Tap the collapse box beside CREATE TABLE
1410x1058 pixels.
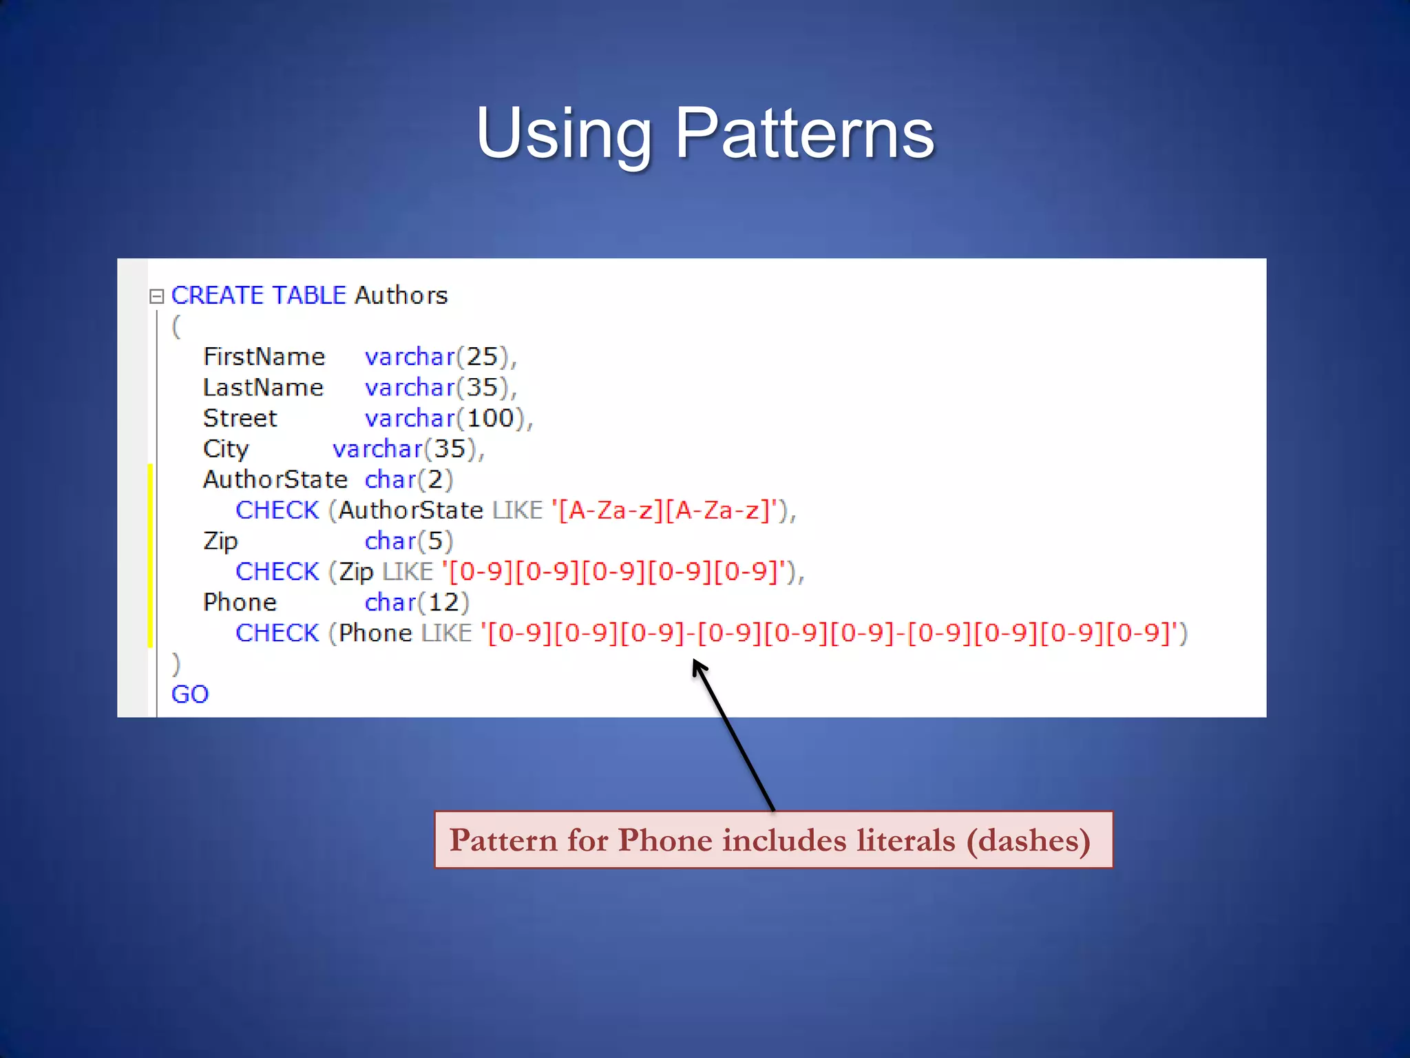157,296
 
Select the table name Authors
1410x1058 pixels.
401,295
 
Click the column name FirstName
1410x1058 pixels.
264,357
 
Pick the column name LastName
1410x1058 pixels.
263,388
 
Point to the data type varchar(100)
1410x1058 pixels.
448,418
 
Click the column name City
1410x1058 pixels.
226,449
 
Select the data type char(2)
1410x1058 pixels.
408,479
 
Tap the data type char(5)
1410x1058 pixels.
408,541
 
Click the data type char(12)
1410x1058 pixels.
417,603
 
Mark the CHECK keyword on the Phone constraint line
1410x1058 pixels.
277,633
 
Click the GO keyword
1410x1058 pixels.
190,694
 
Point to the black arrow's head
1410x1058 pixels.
698,665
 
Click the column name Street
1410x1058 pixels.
240,418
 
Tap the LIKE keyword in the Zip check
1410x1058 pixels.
408,572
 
